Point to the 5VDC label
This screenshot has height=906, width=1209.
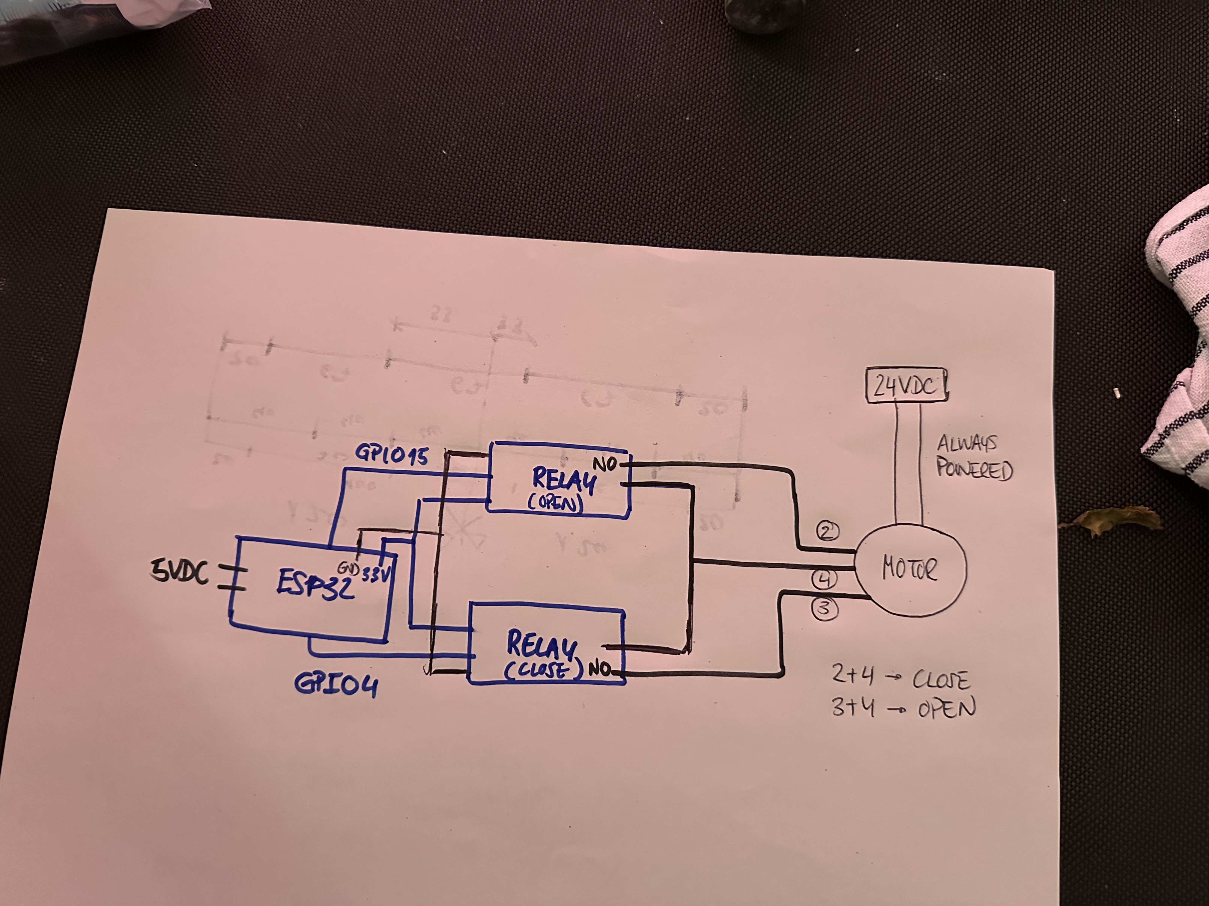[x=181, y=573]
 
